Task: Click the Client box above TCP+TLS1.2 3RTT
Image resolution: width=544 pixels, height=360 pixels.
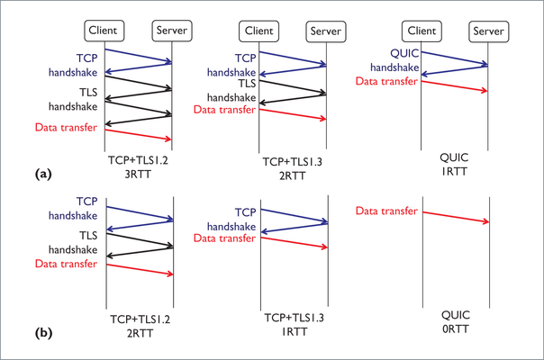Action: click(104, 31)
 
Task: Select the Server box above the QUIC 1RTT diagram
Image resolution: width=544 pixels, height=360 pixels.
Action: click(488, 31)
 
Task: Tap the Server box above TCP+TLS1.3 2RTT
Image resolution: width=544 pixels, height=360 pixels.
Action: click(326, 31)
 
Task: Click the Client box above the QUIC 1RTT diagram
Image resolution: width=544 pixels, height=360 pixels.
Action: click(422, 31)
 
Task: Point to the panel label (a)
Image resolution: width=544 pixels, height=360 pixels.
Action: click(43, 174)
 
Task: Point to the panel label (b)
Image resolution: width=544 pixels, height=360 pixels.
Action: click(44, 333)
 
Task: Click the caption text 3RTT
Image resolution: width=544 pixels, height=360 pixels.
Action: click(138, 174)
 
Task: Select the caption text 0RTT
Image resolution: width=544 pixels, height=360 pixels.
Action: click(456, 328)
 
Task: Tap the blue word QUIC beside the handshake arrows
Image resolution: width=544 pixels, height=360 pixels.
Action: click(404, 53)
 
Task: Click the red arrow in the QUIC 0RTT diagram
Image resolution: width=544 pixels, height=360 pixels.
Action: click(456, 217)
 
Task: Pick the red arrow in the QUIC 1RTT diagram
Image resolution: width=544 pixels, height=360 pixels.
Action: click(455, 86)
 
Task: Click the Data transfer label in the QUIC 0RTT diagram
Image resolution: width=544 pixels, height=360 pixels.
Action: click(386, 211)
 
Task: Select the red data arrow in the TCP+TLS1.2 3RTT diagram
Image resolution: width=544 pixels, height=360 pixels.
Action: click(138, 135)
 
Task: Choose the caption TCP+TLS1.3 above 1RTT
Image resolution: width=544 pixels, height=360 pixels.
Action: click(295, 318)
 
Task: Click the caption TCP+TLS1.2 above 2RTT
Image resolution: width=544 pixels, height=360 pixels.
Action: click(141, 319)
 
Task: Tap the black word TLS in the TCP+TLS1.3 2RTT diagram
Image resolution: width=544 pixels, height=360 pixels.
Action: click(247, 84)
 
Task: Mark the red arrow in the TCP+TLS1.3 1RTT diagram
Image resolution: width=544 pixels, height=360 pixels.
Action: click(295, 242)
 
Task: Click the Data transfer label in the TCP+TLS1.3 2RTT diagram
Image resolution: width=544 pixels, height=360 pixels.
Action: click(224, 110)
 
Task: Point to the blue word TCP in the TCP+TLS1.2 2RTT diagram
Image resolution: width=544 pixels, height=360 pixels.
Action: click(86, 202)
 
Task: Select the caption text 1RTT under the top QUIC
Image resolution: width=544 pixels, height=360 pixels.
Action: click(455, 171)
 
